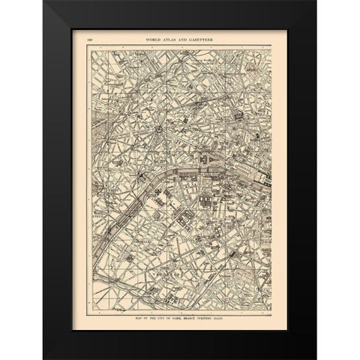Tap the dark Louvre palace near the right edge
[262, 178]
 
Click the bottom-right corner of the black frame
[316, 359]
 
